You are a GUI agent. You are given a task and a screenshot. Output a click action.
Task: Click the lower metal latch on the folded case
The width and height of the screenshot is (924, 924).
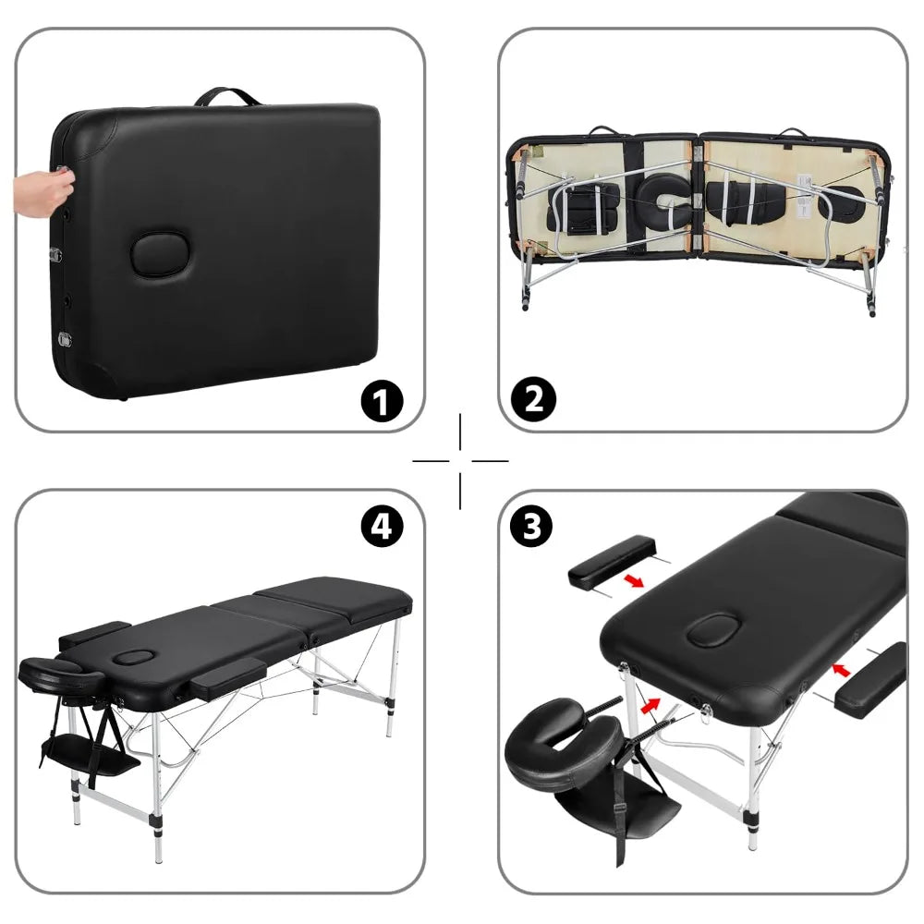[x=65, y=338]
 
